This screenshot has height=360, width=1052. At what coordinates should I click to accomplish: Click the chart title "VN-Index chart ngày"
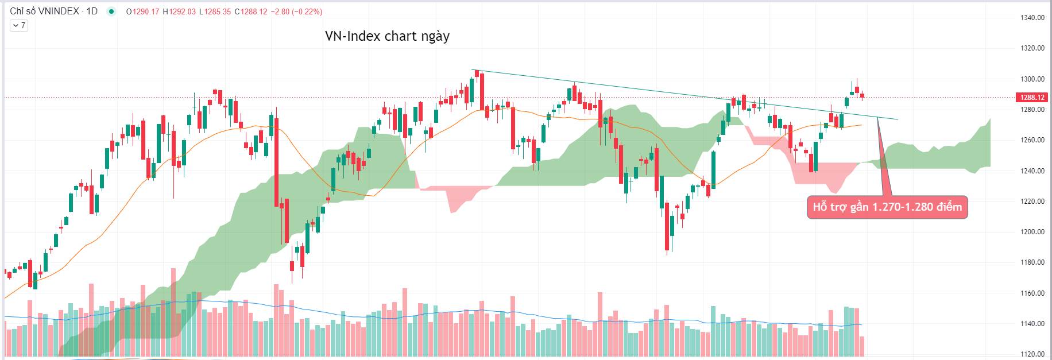[387, 36]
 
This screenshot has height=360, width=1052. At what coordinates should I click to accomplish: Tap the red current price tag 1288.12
[1032, 98]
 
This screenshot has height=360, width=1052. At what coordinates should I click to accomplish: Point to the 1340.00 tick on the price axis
[1032, 18]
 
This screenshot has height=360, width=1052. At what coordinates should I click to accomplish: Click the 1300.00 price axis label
[1032, 79]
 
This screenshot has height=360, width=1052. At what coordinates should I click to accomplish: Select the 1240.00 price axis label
[1032, 171]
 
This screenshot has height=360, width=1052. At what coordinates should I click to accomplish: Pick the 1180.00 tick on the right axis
[1032, 262]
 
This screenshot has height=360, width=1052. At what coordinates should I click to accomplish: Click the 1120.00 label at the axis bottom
[1032, 354]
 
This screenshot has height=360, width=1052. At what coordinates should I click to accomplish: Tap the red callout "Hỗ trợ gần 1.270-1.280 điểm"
[887, 207]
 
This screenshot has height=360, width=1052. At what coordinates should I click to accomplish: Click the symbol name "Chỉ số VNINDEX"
[44, 11]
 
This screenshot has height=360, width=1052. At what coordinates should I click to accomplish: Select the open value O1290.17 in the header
[142, 11]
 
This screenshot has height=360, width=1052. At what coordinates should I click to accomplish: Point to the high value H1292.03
[179, 11]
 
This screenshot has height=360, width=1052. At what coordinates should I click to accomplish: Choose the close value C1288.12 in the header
[250, 11]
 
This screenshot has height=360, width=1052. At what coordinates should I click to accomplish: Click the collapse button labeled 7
[19, 25]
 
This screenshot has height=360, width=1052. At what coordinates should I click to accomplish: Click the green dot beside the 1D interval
[111, 11]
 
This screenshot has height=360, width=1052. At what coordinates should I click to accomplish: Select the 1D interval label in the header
[92, 11]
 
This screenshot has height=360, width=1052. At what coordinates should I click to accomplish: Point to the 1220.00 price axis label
[1032, 202]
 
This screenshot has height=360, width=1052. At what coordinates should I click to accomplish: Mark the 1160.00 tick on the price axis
[1032, 293]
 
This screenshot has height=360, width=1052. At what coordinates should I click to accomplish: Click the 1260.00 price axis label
[1032, 140]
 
